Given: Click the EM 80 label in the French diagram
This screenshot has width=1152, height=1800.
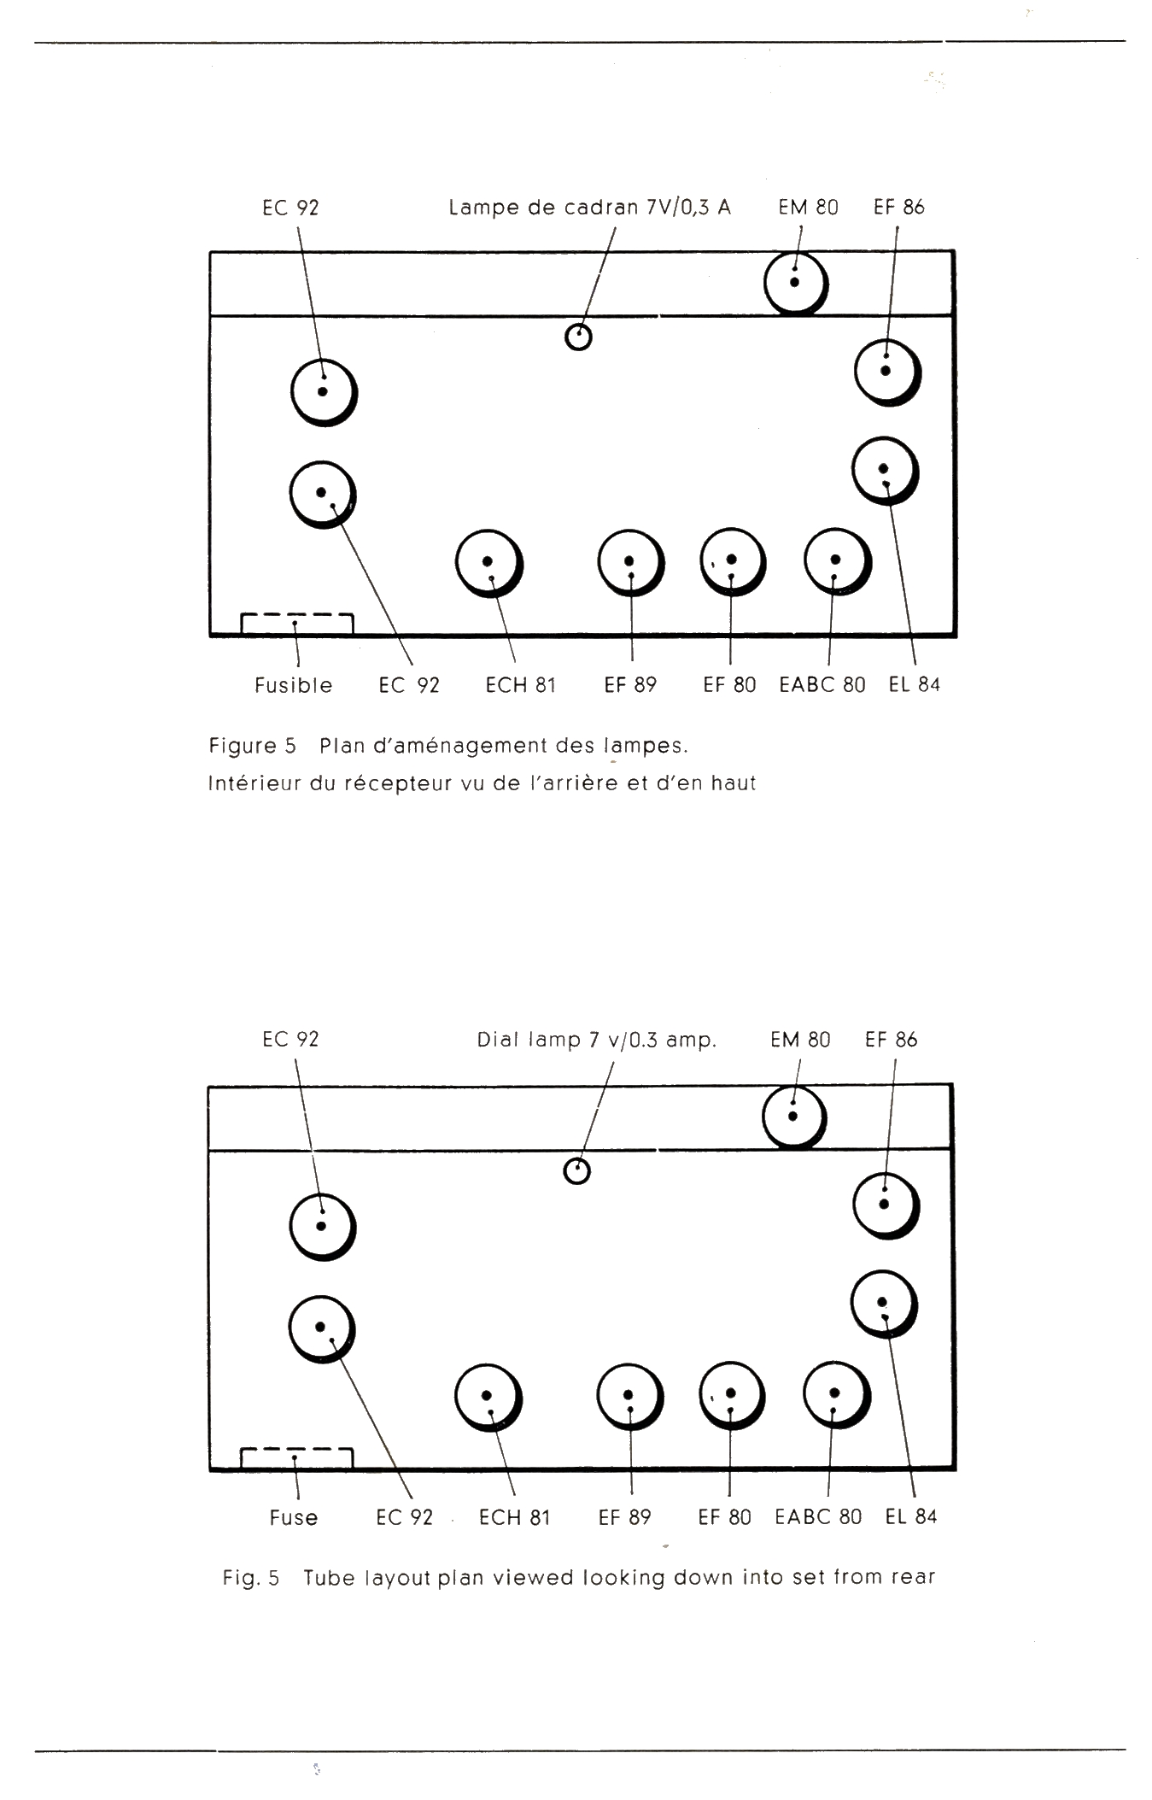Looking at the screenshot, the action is click(x=807, y=208).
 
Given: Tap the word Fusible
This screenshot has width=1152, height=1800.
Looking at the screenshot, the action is click(x=293, y=685).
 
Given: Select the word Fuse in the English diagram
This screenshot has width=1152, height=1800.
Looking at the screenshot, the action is click(x=293, y=1517).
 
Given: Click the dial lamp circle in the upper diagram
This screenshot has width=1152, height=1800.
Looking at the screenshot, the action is click(x=578, y=337).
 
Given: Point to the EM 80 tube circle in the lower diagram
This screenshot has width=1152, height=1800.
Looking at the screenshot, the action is click(x=793, y=1116).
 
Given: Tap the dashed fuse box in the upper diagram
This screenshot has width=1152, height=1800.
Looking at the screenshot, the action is click(x=296, y=624).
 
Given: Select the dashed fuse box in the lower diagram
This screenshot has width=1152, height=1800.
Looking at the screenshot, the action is click(x=296, y=1457).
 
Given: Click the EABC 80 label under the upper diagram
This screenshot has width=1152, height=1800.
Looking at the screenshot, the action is click(x=822, y=685).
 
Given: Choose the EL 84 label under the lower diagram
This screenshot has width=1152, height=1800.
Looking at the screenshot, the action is click(x=910, y=1516).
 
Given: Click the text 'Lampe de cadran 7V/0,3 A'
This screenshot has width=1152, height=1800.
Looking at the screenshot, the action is click(x=589, y=208).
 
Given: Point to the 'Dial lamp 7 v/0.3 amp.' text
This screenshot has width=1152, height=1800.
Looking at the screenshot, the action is click(x=596, y=1040).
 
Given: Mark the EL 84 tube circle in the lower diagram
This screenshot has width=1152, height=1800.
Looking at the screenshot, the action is click(x=883, y=1304).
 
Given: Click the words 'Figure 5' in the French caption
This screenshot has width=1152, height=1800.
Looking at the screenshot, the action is click(x=252, y=746).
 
